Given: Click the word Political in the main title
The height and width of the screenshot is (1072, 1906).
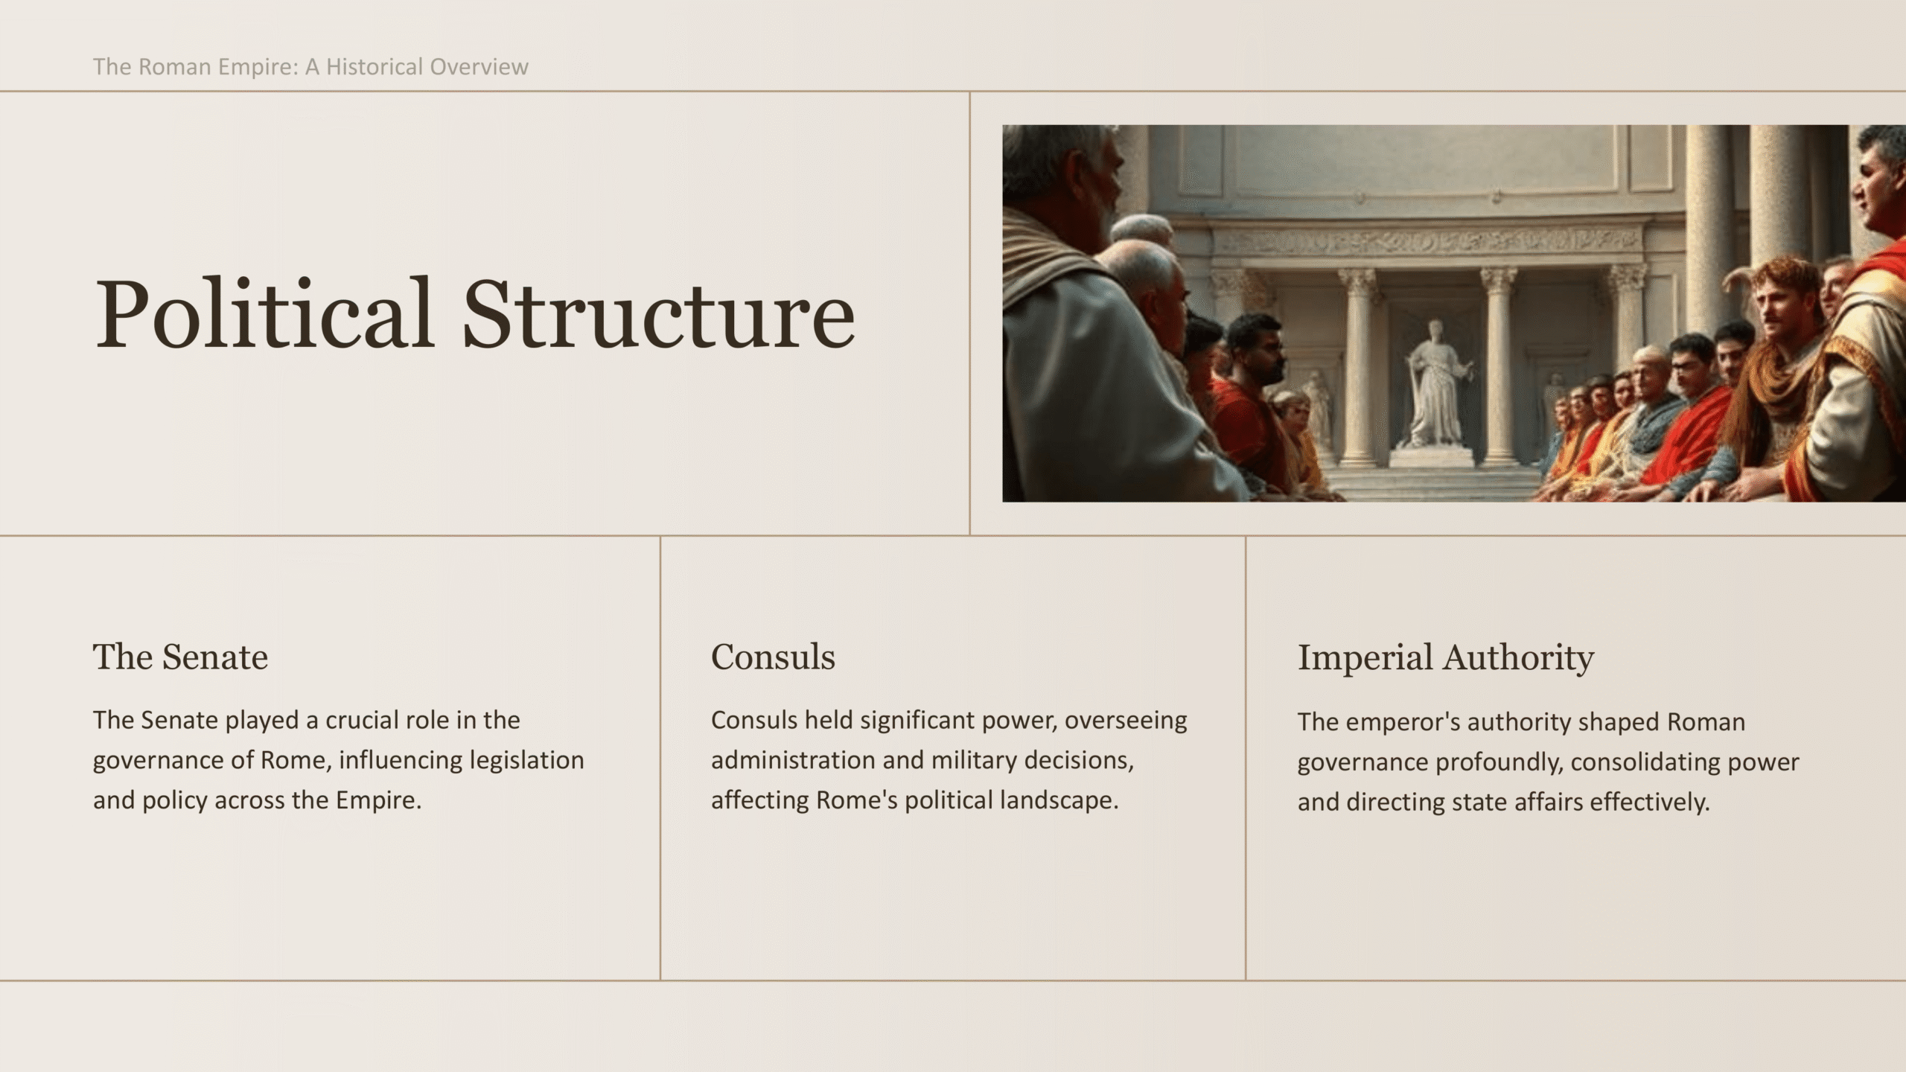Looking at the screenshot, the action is click(x=264, y=313).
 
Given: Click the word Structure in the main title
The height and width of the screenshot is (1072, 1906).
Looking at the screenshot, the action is click(x=659, y=313).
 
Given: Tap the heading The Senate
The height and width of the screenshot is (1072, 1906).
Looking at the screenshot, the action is click(x=180, y=657).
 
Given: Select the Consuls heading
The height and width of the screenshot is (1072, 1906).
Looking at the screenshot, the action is click(x=773, y=657).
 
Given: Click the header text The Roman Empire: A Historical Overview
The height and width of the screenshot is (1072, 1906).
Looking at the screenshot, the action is click(x=310, y=67).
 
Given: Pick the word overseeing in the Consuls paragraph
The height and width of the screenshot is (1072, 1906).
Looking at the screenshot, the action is click(x=1126, y=721).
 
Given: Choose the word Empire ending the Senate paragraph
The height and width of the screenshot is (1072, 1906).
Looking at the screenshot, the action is click(x=378, y=800).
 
